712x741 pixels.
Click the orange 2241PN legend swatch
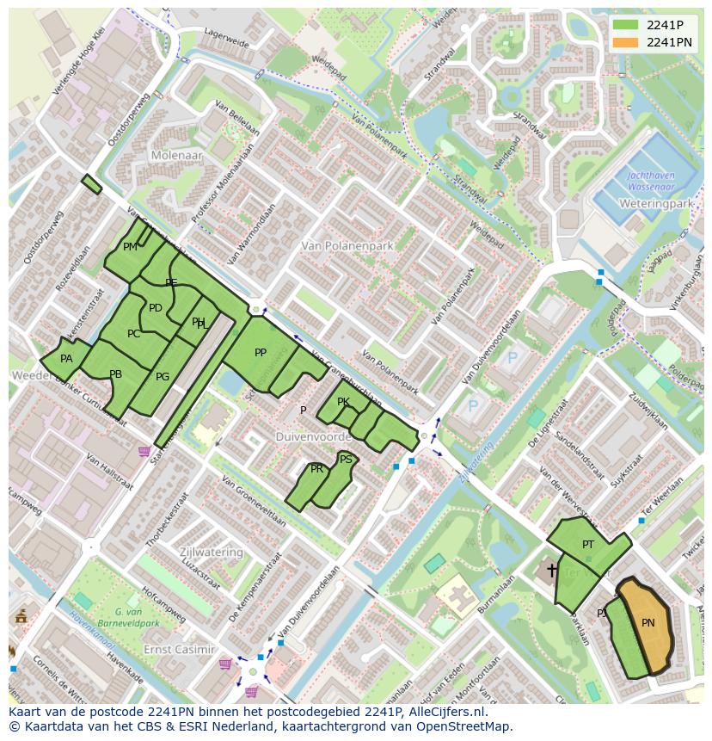626,42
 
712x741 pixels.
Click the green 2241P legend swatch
626,24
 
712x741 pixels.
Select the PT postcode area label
588,545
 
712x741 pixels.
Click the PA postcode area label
66,359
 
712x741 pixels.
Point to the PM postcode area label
130,247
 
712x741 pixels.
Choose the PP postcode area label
261,353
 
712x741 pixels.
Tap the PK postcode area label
343,402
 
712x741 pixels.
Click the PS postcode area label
346,460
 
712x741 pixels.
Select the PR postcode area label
317,469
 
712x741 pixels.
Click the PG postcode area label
163,376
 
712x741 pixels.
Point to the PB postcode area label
116,374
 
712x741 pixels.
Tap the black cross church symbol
551,570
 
